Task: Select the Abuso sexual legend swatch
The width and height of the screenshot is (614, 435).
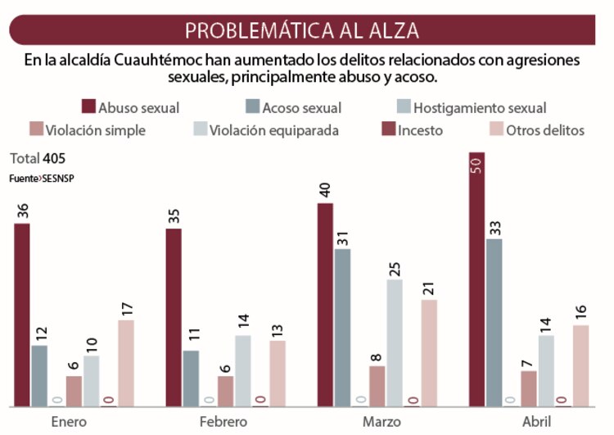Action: coord(88,107)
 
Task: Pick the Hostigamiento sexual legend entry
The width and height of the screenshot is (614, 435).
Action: coord(480,107)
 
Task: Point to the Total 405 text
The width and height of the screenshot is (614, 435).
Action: coord(38,158)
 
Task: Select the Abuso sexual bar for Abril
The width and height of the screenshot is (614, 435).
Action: coord(476,279)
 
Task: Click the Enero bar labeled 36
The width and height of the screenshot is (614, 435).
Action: coord(22,315)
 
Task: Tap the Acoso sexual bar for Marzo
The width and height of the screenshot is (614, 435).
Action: coord(342,328)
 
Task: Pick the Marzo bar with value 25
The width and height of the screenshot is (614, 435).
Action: coord(395,342)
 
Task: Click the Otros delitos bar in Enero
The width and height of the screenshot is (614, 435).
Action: coord(126,363)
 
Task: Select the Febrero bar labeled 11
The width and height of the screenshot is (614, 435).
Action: coord(191,378)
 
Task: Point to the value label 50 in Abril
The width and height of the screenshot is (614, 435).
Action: coord(476,165)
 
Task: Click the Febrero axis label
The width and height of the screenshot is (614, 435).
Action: coord(223,421)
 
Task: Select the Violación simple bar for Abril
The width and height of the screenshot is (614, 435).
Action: coord(529,388)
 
